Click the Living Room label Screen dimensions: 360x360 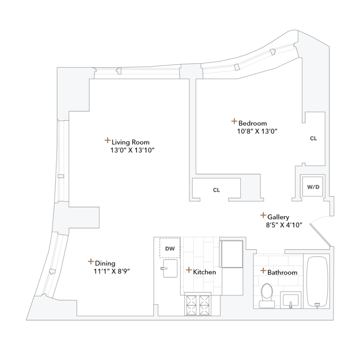[130, 142]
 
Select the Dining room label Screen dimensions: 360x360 [105, 263]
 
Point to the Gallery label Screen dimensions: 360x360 [278, 217]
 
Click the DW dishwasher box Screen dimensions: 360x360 [170, 248]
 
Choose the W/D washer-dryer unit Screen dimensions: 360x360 [312, 187]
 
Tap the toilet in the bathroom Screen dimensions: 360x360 [267, 293]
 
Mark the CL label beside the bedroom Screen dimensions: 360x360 [314, 138]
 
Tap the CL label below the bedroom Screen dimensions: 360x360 [216, 190]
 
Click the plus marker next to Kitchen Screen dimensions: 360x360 [189, 270]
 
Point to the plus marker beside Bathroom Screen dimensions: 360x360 [263, 270]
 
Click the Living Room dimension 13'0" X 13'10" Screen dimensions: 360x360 [132, 150]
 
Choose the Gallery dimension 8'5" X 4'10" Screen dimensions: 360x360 [282, 225]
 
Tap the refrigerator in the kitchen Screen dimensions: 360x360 [232, 254]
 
